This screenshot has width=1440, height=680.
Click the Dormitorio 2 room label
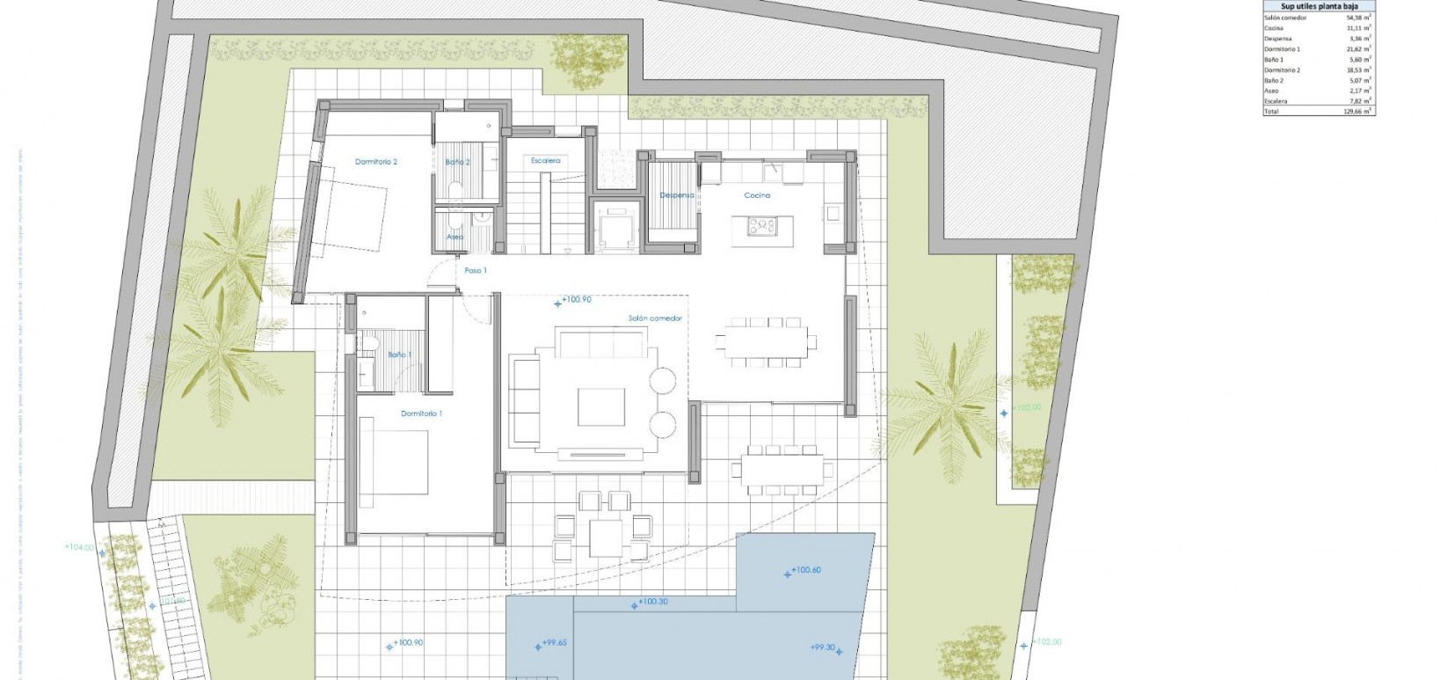tap(376, 162)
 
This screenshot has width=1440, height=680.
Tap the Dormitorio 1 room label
tap(421, 413)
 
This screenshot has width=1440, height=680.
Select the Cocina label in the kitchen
tap(757, 195)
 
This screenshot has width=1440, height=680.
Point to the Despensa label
tap(677, 195)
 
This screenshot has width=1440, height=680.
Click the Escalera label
tap(545, 161)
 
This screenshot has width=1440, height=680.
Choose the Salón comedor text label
tap(655, 318)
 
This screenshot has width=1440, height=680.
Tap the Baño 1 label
tap(398, 355)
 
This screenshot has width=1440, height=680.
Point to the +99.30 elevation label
tap(823, 647)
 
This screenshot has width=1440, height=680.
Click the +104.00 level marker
tap(79, 547)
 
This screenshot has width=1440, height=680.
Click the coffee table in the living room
tap(600, 407)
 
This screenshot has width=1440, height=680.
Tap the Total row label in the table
tap(1271, 112)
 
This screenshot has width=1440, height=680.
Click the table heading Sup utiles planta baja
tap(1319, 6)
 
